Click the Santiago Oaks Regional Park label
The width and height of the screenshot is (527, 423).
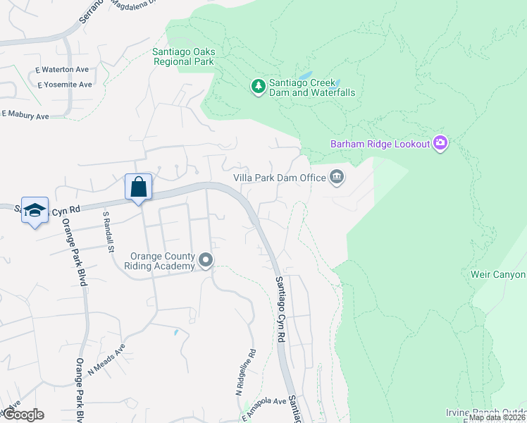pos(184,56)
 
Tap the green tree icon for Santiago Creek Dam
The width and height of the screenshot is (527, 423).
pos(259,87)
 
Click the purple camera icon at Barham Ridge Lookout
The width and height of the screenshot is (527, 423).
pos(440,144)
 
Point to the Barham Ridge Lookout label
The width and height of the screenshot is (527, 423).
pos(380,145)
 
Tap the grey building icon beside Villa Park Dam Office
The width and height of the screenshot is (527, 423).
pos(337,177)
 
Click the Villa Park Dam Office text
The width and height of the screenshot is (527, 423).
pos(279,178)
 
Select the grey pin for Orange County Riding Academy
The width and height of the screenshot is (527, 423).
pos(206,261)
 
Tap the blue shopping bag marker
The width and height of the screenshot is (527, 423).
pos(139,188)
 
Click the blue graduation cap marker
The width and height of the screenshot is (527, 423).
pos(35,211)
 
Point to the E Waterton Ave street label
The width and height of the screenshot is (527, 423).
pos(63,70)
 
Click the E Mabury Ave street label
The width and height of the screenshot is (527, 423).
pos(25,114)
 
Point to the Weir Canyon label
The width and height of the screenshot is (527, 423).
pos(498,274)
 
